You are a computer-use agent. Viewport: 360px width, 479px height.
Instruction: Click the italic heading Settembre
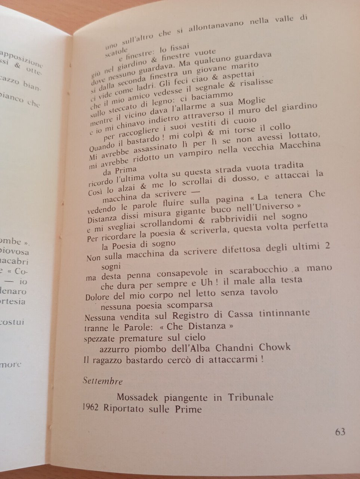(103, 381)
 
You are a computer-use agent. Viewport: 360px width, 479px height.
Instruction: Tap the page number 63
(340, 432)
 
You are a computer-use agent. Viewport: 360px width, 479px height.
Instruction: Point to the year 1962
(90, 408)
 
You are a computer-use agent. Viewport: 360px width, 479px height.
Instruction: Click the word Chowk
(275, 347)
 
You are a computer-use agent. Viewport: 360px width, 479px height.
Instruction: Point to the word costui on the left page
(12, 322)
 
